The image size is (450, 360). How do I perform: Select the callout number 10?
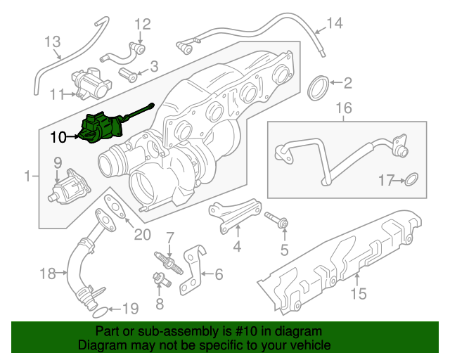click(59, 137)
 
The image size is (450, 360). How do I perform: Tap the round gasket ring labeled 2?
click(321, 89)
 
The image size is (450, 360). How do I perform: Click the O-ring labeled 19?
click(101, 309)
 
